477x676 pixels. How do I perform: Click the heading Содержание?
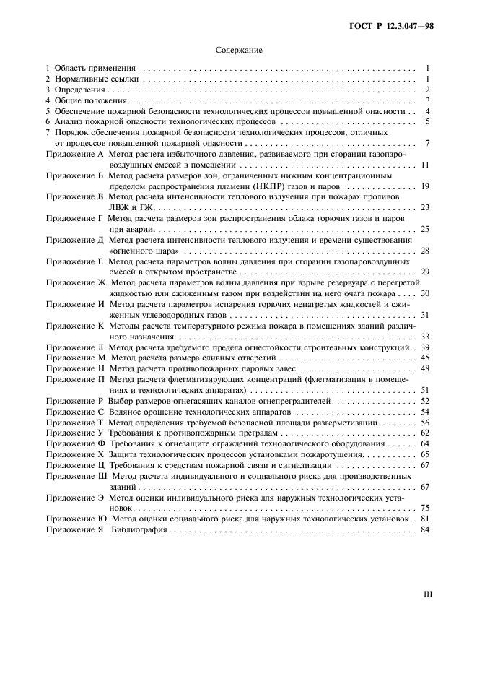click(238, 51)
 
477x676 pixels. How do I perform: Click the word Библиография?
click(140, 529)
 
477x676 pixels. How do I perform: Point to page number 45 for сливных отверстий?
click(425, 357)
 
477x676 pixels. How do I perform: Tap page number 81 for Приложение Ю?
click(425, 519)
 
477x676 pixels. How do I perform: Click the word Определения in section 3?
click(79, 90)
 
